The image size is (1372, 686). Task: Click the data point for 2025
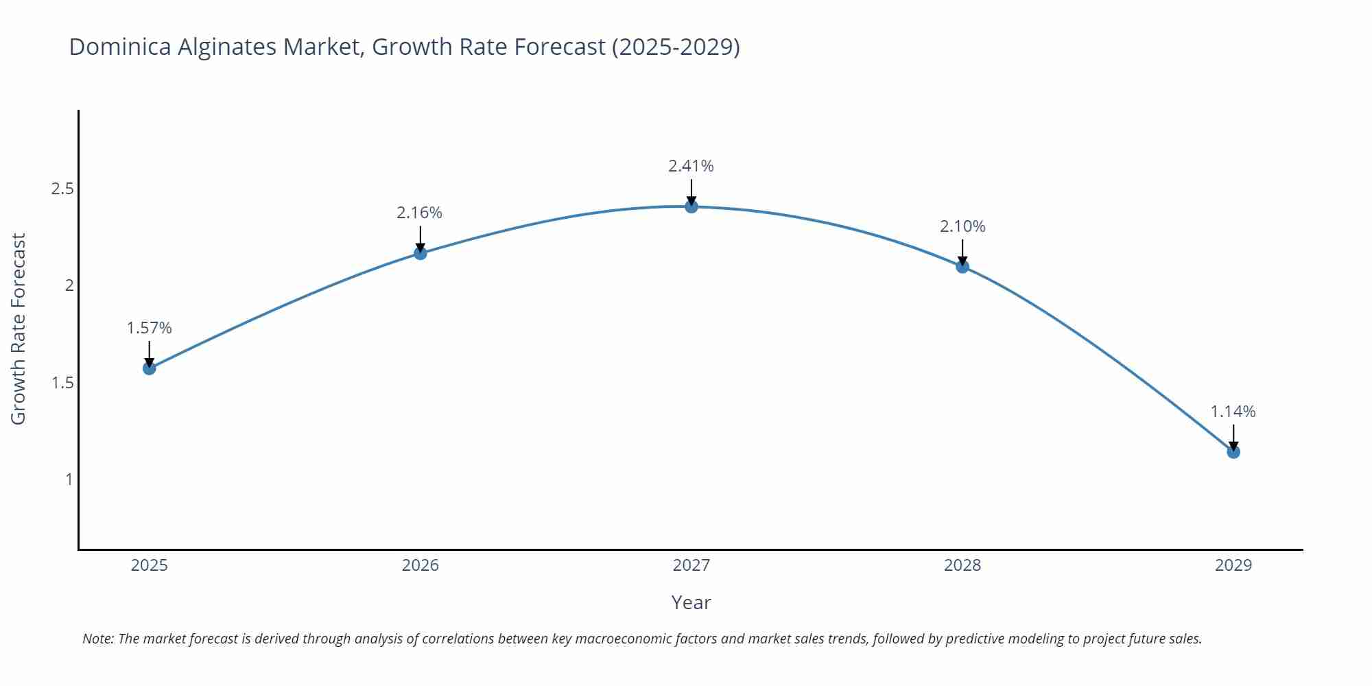149,368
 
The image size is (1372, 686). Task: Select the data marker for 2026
421,253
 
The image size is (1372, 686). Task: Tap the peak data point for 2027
691,206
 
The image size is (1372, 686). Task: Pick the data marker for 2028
962,266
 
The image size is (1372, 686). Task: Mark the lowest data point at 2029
1233,452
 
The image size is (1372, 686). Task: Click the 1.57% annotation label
149,328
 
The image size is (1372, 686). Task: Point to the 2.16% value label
419,213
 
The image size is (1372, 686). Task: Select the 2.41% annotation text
691,166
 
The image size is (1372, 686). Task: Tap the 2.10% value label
962,226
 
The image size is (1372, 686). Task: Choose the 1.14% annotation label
1233,412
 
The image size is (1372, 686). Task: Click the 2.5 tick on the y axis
62,189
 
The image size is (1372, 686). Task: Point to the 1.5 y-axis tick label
62,383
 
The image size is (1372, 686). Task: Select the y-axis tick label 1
69,480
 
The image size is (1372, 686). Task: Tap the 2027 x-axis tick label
691,565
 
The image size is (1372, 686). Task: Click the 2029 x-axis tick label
1233,565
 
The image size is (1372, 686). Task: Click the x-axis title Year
691,602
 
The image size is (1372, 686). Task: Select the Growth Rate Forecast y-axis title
19,329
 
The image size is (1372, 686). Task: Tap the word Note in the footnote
97,639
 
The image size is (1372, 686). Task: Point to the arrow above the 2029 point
1233,437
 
